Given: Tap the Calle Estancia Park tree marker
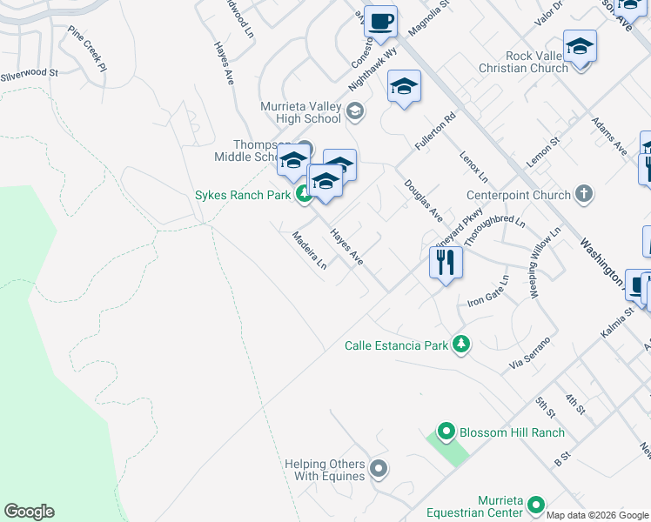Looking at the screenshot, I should (461, 345).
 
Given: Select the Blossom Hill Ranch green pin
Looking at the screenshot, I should (446, 432).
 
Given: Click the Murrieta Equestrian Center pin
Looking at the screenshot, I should (535, 504).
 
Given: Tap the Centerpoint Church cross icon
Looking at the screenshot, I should (583, 195).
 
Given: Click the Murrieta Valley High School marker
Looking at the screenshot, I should (354, 111).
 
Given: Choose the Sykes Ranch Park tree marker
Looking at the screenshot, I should (304, 195).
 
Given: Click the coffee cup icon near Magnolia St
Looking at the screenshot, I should (380, 21).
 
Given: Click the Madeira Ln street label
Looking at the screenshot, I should (310, 251).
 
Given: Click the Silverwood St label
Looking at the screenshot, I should (28, 75).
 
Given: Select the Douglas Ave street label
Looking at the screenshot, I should (423, 201).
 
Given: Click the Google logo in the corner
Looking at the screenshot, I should (29, 512).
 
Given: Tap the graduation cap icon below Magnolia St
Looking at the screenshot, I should (404, 87).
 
